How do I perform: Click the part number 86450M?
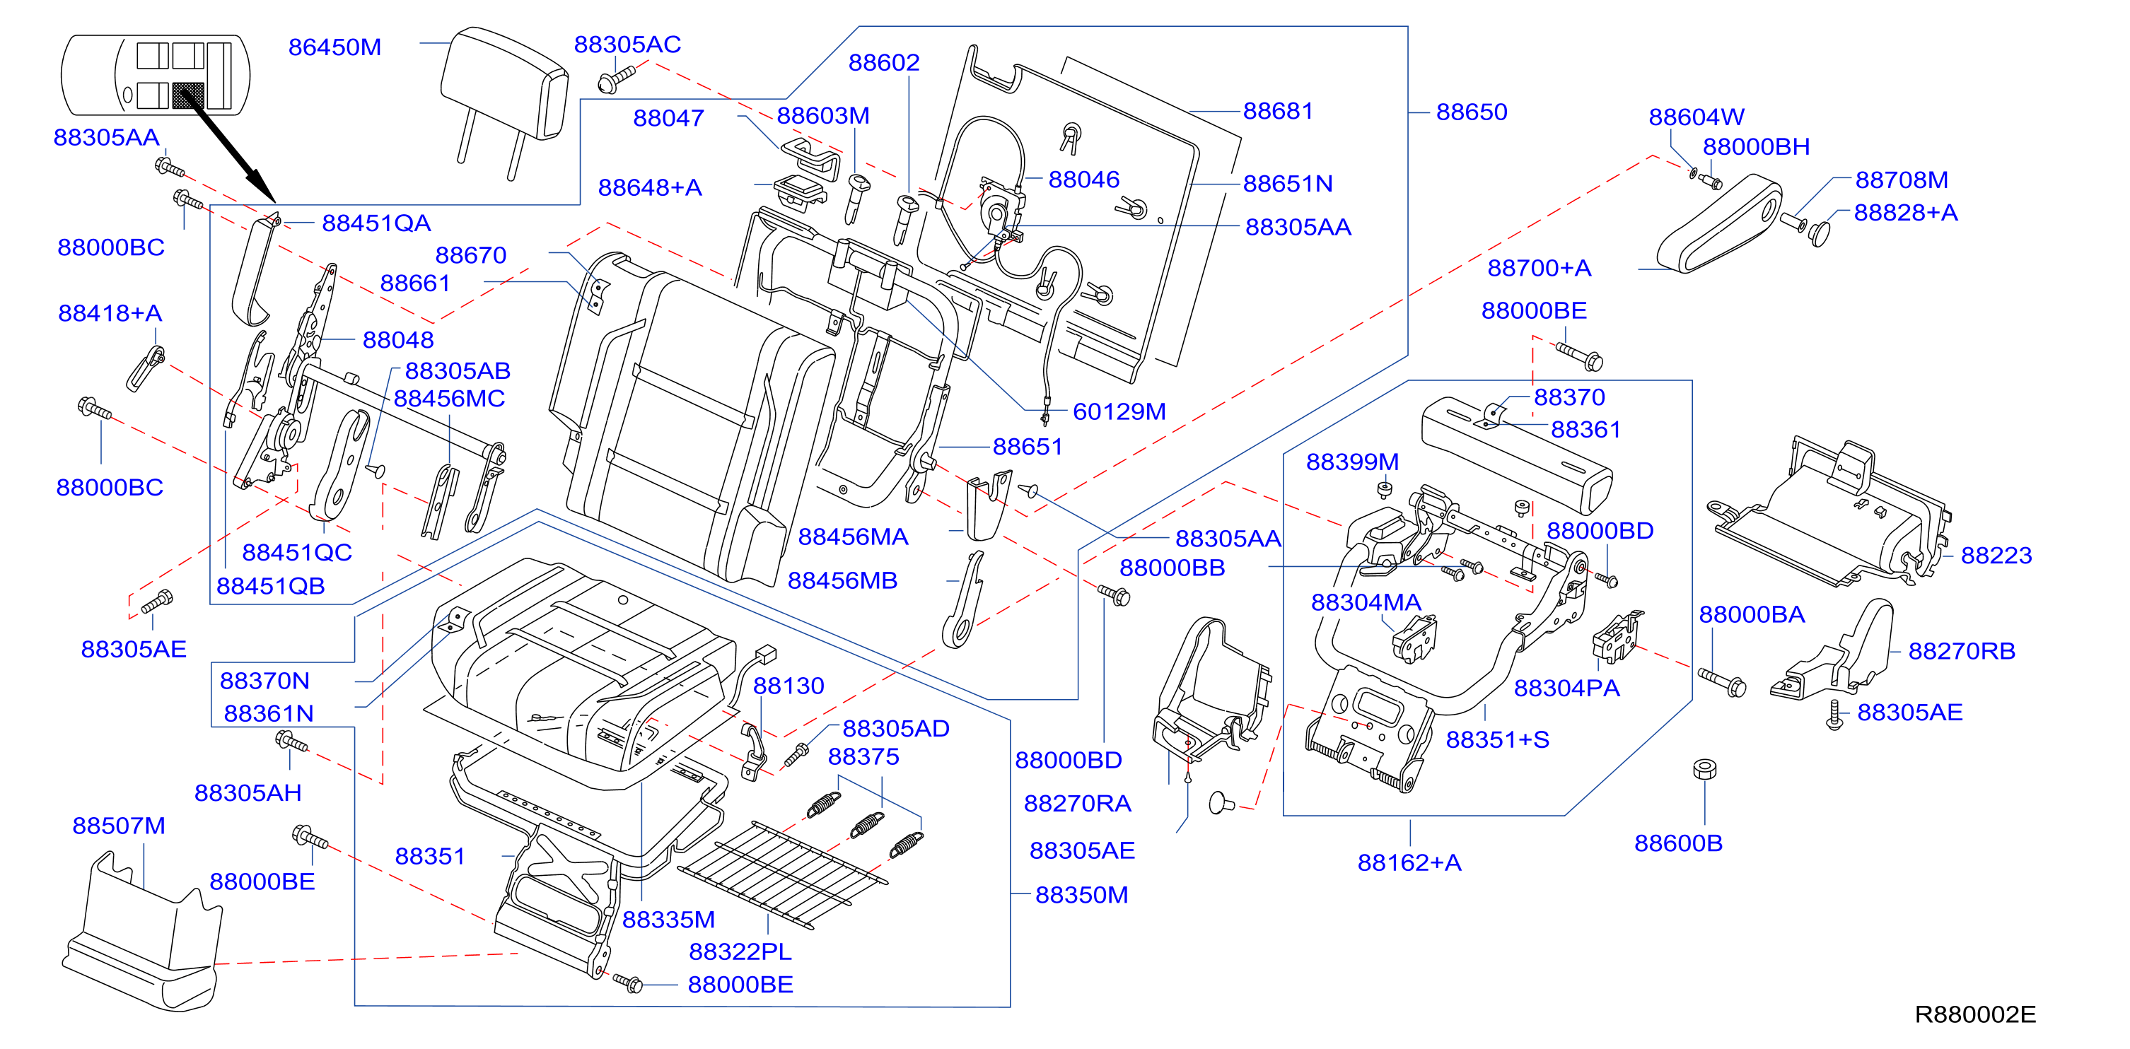click(x=335, y=47)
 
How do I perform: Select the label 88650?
click(x=1472, y=112)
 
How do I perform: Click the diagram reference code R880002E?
click(x=1975, y=1014)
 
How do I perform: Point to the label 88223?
click(x=1996, y=556)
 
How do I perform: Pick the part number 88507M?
click(x=119, y=826)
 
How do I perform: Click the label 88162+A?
click(x=1410, y=863)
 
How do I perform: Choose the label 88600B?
click(x=1679, y=843)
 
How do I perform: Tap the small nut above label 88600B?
click(x=1704, y=770)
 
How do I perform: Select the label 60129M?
click(x=1119, y=411)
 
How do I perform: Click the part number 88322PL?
click(x=740, y=952)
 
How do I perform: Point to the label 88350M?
click(x=1081, y=895)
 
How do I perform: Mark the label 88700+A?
click(x=1540, y=268)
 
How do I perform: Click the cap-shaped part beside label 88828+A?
click(x=1819, y=233)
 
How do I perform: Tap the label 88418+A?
click(x=110, y=313)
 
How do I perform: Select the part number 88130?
click(x=788, y=686)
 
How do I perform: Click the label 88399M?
click(x=1353, y=462)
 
